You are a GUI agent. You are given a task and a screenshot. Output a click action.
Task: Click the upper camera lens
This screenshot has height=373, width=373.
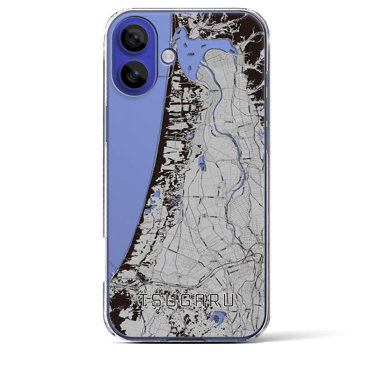[x=135, y=38]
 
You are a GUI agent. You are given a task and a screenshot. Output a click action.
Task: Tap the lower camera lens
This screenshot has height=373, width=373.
[x=135, y=75]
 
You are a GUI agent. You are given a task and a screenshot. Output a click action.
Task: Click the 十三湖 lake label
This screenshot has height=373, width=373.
[x=191, y=54]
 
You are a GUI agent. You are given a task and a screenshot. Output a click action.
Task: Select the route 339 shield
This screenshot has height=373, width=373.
[x=246, y=77]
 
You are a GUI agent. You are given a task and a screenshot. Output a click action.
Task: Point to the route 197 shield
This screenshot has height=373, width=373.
[x=248, y=124]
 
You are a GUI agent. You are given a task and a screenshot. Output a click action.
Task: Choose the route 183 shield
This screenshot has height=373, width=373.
[x=242, y=138]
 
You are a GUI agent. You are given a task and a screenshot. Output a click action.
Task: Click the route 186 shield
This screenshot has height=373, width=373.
[x=210, y=269]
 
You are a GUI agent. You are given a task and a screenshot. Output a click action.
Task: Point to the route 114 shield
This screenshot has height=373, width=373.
[x=216, y=252]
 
